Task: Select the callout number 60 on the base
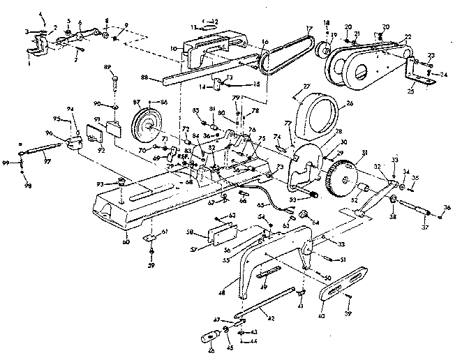pyautogui.click(x=126, y=242)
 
